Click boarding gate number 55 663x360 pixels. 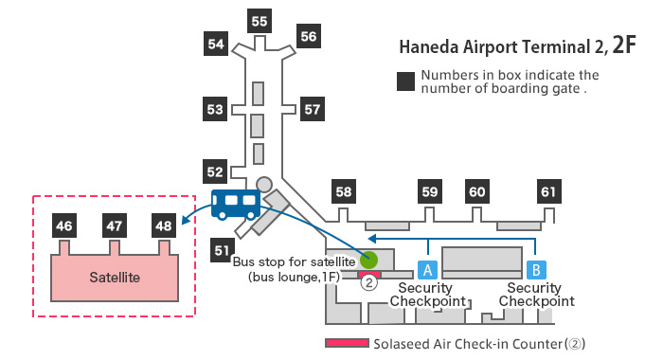click(x=258, y=20)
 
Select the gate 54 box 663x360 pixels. click(x=216, y=43)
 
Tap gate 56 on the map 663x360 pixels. click(x=309, y=36)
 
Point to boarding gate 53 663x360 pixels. click(x=216, y=109)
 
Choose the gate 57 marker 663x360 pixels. click(x=313, y=109)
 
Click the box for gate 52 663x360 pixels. click(x=216, y=171)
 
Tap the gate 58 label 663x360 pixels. click(x=343, y=191)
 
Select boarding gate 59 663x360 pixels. click(x=430, y=191)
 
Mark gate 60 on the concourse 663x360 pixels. click(x=477, y=191)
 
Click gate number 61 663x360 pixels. click(x=548, y=191)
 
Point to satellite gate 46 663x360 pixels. click(x=64, y=226)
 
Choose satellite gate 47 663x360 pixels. click(x=114, y=226)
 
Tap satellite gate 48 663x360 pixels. click(x=163, y=226)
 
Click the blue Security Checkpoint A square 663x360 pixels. click(x=427, y=269)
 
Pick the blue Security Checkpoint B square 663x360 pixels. click(x=535, y=269)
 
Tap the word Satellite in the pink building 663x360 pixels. click(x=115, y=278)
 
